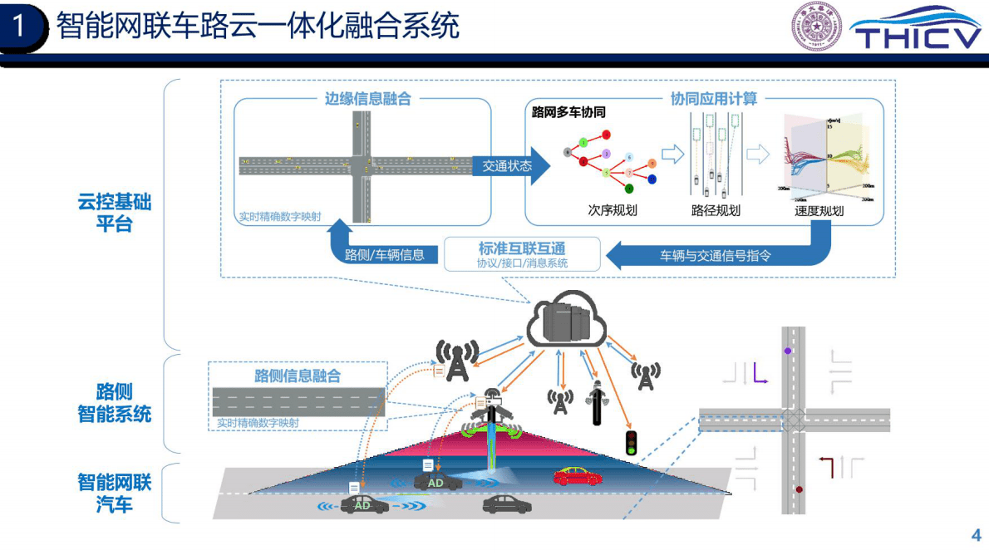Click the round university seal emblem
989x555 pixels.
point(815,27)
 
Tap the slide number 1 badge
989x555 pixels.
point(20,27)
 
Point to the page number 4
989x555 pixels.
point(976,534)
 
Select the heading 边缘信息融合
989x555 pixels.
point(367,98)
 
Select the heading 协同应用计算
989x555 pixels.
point(714,98)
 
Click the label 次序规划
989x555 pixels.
point(612,210)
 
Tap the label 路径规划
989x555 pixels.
point(715,210)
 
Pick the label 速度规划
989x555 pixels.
point(819,210)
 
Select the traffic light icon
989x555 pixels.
point(632,442)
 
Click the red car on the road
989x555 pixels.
point(578,477)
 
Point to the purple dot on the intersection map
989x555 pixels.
point(787,351)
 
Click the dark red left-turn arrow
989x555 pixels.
point(826,467)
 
